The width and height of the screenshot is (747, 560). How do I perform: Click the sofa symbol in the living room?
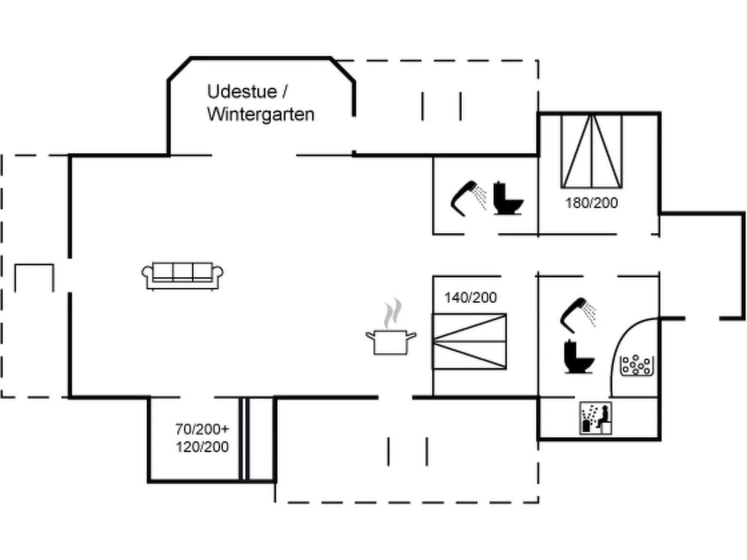[182, 275]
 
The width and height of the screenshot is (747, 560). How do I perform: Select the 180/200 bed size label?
[591, 203]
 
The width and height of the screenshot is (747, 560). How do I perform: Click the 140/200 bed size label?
[470, 297]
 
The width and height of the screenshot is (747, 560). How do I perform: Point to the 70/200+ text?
[202, 428]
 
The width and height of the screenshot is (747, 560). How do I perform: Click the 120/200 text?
[202, 447]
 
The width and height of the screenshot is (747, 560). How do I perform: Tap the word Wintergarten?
[260, 114]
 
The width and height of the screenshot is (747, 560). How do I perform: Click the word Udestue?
[241, 92]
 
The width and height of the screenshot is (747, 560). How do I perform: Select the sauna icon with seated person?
[595, 418]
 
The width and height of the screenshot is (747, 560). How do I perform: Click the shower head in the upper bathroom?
[468, 198]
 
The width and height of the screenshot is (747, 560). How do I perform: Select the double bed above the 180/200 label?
[592, 151]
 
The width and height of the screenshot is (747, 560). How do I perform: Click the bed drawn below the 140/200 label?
[469, 342]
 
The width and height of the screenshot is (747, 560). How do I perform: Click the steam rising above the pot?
[392, 312]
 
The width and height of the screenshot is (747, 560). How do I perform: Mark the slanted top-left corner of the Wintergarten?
[179, 69]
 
